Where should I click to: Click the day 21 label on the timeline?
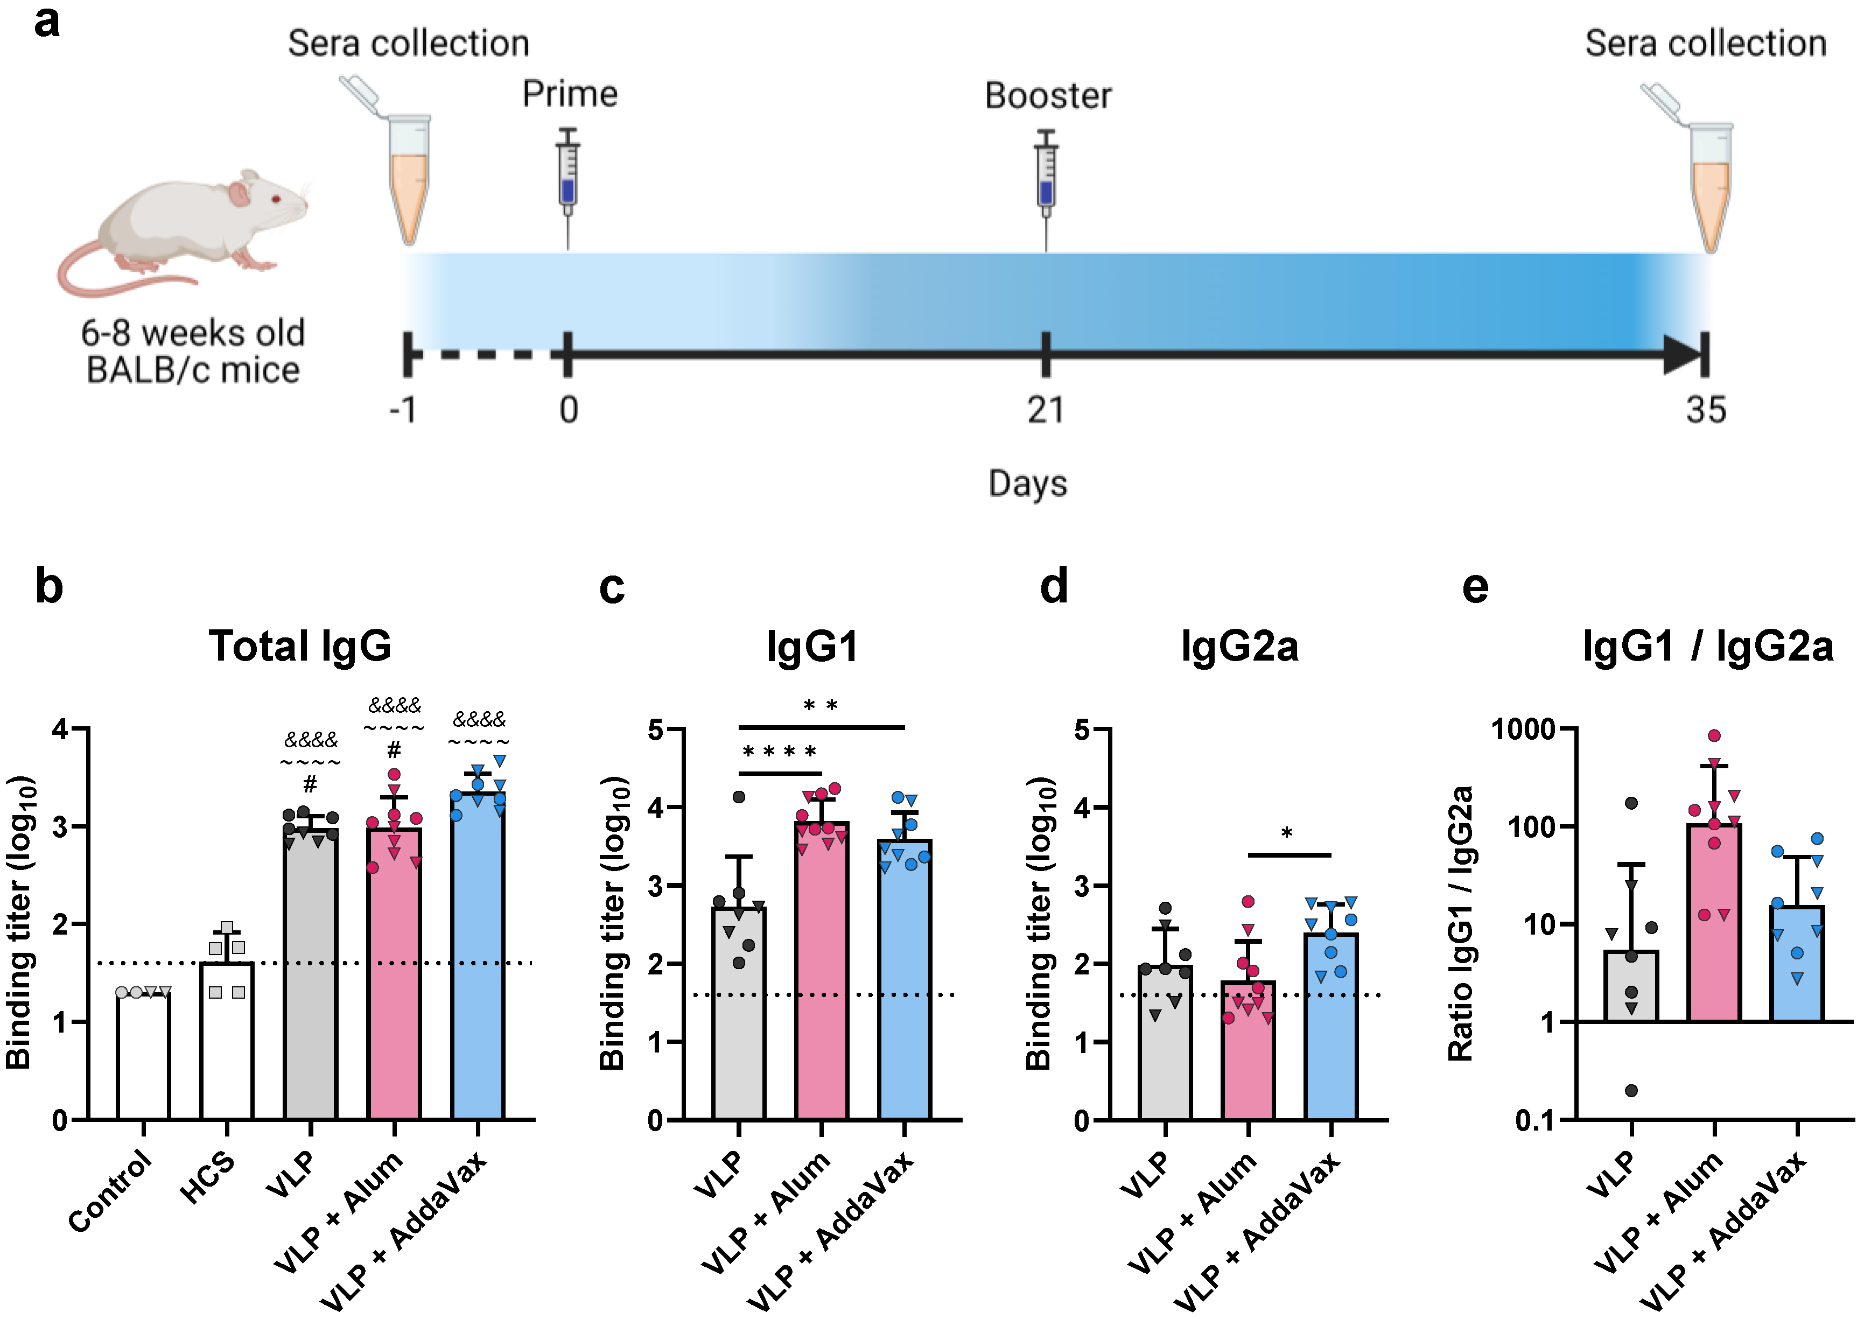1045,410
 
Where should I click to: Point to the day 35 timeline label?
1705,410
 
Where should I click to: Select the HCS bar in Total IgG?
227,1040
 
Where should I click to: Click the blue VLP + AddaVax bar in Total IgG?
478,958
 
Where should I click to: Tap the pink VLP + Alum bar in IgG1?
822,974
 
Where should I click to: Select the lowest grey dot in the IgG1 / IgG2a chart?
1631,1090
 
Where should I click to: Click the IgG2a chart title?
1239,647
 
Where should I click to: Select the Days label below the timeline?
1027,483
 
